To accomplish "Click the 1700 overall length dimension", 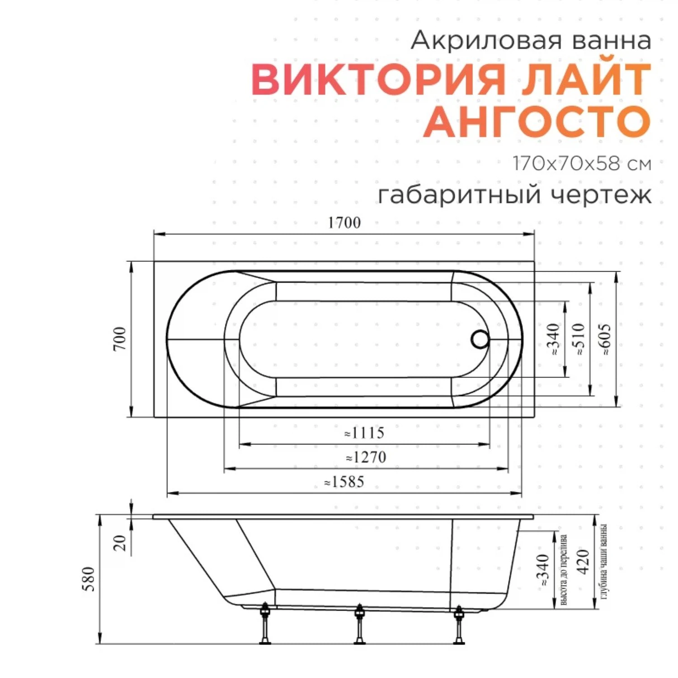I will pyautogui.click(x=344, y=223).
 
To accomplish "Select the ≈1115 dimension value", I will pyautogui.click(x=364, y=433).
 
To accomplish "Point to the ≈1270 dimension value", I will pyautogui.click(x=366, y=457).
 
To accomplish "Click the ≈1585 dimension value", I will pyautogui.click(x=344, y=482).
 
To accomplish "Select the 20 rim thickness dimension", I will pyautogui.click(x=120, y=542).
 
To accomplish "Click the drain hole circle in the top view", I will pyautogui.click(x=480, y=339).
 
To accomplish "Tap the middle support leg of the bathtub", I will pyautogui.click(x=359, y=624).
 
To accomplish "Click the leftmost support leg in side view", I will pyautogui.click(x=265, y=624).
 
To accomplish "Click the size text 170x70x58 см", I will pyautogui.click(x=582, y=164).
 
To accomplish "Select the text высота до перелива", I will pyautogui.click(x=564, y=570).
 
